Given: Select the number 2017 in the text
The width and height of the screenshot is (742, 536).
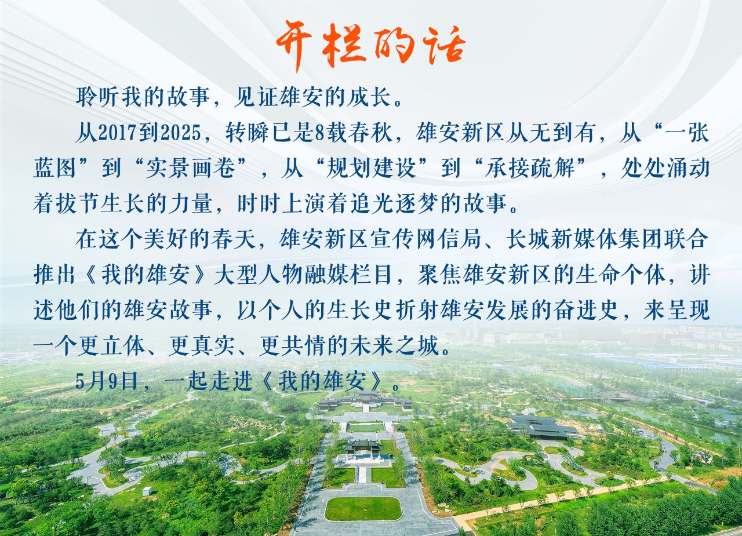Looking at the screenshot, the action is (x=118, y=133).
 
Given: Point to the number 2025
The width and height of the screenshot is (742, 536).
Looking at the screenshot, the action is (x=181, y=133).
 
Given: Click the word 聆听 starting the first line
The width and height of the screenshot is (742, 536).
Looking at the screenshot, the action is (x=98, y=97).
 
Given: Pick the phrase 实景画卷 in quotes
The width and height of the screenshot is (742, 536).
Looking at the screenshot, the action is (x=191, y=169).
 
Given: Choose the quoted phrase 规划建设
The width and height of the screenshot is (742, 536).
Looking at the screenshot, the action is (x=372, y=169).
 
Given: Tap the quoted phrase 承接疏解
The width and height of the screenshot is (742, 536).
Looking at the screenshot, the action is (x=530, y=169).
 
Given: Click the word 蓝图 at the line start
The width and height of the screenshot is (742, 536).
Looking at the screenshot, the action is (x=55, y=169).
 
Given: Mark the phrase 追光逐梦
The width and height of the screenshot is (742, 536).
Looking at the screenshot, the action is (x=394, y=203).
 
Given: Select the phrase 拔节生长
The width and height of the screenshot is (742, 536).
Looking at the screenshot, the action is (x=101, y=203).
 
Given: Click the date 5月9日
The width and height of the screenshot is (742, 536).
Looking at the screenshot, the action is (x=107, y=382).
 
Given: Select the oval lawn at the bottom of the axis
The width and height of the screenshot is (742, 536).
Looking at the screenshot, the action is (x=363, y=509).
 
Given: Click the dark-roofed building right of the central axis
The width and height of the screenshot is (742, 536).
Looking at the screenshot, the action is (x=543, y=428).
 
